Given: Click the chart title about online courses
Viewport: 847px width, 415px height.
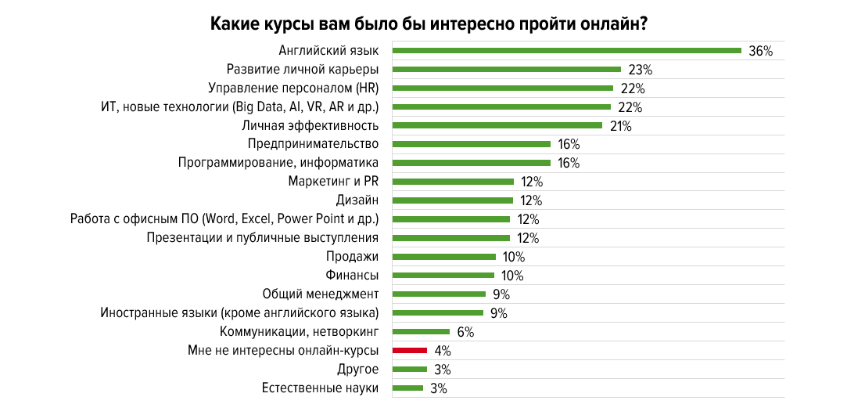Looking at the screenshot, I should [x=429, y=23].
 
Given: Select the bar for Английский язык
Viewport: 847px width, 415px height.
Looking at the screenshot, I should [x=566, y=51].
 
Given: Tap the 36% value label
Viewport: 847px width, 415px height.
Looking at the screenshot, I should [x=760, y=51].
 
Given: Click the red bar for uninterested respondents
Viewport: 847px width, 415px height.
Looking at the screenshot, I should [x=409, y=351].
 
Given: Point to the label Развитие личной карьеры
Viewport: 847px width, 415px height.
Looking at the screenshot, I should [x=303, y=69].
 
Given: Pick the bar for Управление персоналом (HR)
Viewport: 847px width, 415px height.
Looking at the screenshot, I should [x=502, y=88].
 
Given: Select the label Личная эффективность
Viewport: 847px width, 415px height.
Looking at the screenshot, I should [x=310, y=125].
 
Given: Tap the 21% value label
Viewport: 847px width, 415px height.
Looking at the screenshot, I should [x=621, y=126].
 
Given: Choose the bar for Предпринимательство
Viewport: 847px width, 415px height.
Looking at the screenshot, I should [x=472, y=144].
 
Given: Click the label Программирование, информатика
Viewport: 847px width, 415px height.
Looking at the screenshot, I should [x=278, y=163].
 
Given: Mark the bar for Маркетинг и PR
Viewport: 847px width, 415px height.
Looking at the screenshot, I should [x=453, y=182].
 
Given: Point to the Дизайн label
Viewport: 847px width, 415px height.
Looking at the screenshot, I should [x=357, y=200].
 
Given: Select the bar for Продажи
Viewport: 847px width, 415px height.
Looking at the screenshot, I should [x=443, y=257].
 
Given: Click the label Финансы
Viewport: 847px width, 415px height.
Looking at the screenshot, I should [x=352, y=275].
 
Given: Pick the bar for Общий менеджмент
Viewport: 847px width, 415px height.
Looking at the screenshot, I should [x=439, y=294].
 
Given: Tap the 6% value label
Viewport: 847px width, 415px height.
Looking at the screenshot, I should [x=466, y=332].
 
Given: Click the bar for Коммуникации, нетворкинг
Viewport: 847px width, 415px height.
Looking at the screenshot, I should [x=421, y=332].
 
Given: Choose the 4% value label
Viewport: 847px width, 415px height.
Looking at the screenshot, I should [x=443, y=351].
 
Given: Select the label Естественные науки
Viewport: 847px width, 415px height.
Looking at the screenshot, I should [x=321, y=388].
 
